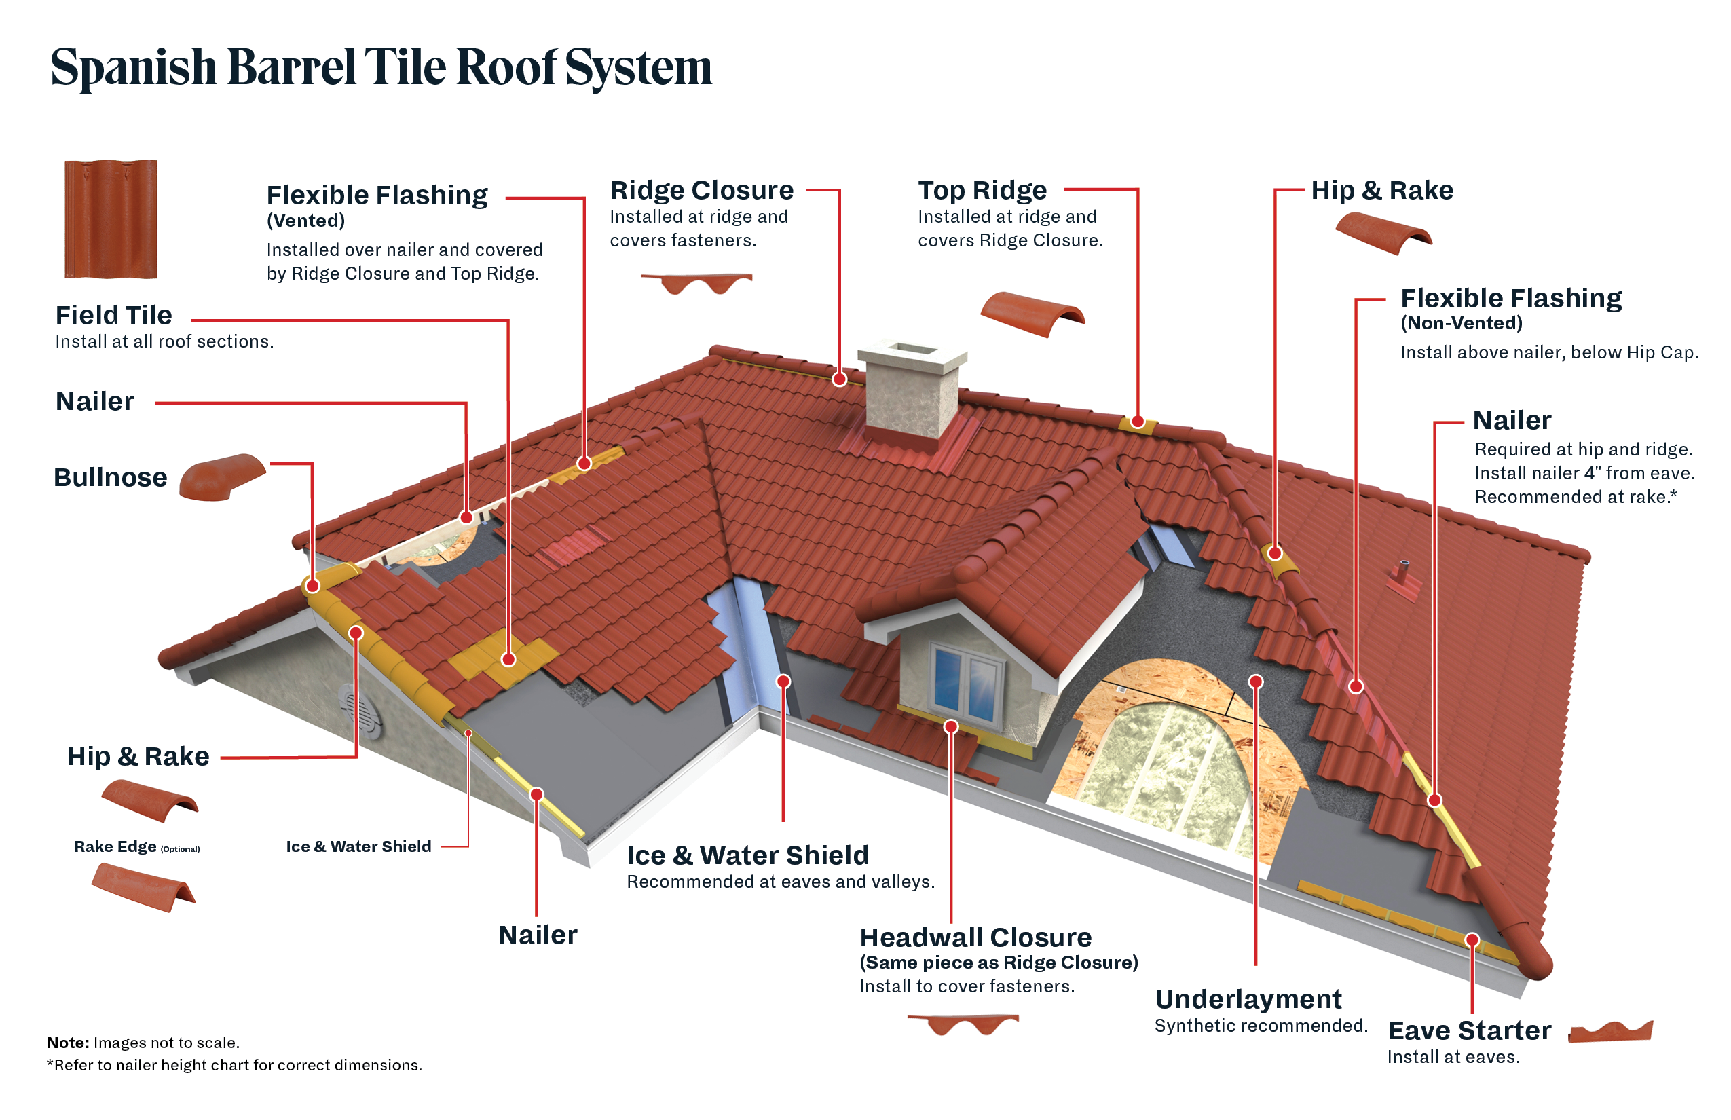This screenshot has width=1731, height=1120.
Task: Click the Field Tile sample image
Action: click(x=111, y=219)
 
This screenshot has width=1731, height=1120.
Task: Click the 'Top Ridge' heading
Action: click(x=982, y=191)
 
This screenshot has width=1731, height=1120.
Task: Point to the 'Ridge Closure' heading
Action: click(x=701, y=191)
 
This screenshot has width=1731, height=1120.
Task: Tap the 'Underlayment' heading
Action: click(x=1248, y=999)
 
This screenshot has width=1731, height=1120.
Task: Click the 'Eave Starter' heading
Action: click(x=1469, y=1030)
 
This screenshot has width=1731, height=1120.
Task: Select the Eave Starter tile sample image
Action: click(x=1610, y=1031)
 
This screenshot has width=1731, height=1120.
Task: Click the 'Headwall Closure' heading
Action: click(x=975, y=937)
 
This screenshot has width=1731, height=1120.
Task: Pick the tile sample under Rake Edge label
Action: click(x=143, y=886)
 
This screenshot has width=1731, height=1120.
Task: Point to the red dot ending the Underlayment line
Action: click(x=1256, y=682)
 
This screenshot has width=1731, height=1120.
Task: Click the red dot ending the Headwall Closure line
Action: click(x=950, y=726)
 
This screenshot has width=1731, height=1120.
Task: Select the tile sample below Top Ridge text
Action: click(x=1032, y=314)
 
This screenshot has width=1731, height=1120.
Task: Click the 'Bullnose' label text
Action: click(x=111, y=478)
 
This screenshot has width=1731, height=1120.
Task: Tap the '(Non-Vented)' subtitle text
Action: click(x=1461, y=323)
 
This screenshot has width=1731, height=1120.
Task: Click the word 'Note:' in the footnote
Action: click(x=68, y=1043)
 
